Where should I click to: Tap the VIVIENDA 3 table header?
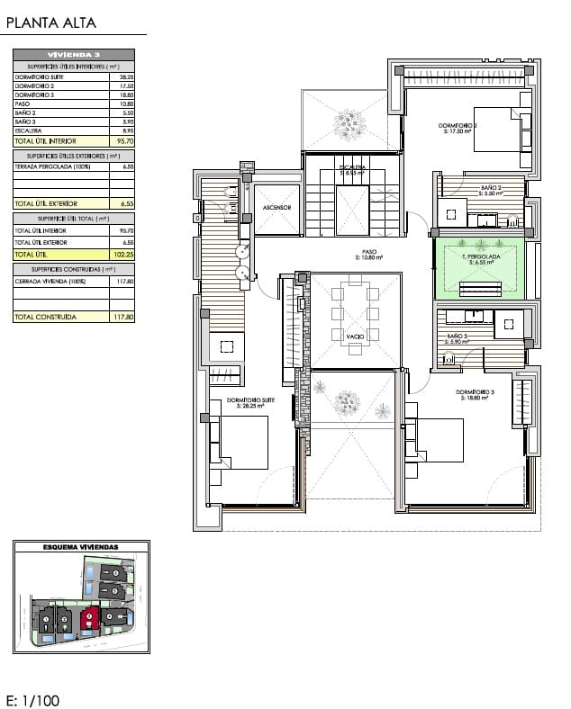click(x=74, y=55)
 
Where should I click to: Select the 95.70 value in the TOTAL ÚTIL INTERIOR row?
click(x=126, y=141)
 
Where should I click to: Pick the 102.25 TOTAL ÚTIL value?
click(x=124, y=255)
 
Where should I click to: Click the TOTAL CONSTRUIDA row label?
click(x=46, y=317)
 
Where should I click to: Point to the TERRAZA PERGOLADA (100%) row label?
click(x=49, y=166)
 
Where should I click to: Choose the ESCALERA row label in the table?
click(x=30, y=130)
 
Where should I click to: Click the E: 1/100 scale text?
click(x=32, y=699)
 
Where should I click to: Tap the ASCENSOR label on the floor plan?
click(x=276, y=207)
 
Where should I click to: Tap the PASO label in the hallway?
click(x=369, y=253)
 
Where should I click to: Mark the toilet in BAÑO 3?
click(x=449, y=360)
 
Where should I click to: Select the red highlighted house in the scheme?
click(x=89, y=617)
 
